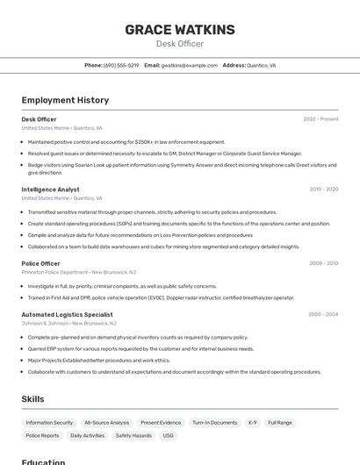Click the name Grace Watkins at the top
180,30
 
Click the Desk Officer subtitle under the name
180,44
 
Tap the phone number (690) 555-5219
121,66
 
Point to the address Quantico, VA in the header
261,66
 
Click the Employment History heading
65,100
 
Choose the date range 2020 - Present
320,119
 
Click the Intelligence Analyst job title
50,190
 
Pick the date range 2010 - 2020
323,190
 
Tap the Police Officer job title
40,263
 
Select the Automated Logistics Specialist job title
67,314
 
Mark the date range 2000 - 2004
323,314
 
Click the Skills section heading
32,399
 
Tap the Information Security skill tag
49,423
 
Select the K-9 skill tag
253,423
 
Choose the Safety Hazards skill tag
133,436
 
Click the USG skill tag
168,436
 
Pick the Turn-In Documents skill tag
215,423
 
